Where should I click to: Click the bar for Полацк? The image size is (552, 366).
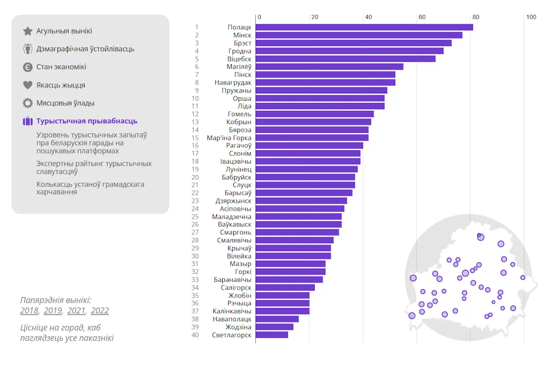pyautogui.click(x=364, y=27)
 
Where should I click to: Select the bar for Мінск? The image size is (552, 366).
pyautogui.click(x=359, y=35)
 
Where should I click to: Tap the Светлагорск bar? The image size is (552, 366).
pyautogui.click(x=271, y=335)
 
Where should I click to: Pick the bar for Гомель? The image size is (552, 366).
pyautogui.click(x=315, y=114)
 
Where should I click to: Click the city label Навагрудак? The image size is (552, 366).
pyautogui.click(x=233, y=83)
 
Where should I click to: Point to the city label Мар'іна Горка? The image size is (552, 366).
pyautogui.click(x=229, y=137)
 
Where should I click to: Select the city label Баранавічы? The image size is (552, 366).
pyautogui.click(x=233, y=280)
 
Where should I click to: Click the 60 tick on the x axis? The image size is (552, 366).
pyautogui.click(x=422, y=17)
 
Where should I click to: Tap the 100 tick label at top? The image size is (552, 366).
pyautogui.click(x=531, y=17)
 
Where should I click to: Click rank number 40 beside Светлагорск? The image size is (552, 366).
pyautogui.click(x=195, y=335)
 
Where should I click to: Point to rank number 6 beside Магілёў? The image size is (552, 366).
pyautogui.click(x=197, y=67)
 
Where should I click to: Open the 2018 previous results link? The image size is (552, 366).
pyautogui.click(x=29, y=311)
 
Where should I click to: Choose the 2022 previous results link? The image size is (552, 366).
pyautogui.click(x=100, y=311)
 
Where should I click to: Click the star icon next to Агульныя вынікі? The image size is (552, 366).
pyautogui.click(x=28, y=31)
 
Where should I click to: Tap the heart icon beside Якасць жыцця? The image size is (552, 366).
pyautogui.click(x=28, y=85)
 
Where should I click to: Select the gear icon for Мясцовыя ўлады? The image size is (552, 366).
pyautogui.click(x=28, y=103)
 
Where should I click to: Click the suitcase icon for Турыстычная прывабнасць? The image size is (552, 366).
pyautogui.click(x=28, y=121)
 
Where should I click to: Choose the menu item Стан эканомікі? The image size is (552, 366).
pyautogui.click(x=61, y=67)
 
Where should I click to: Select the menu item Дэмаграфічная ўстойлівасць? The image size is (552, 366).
pyautogui.click(x=85, y=49)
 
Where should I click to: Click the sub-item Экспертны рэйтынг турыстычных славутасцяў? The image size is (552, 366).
pyautogui.click(x=94, y=167)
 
